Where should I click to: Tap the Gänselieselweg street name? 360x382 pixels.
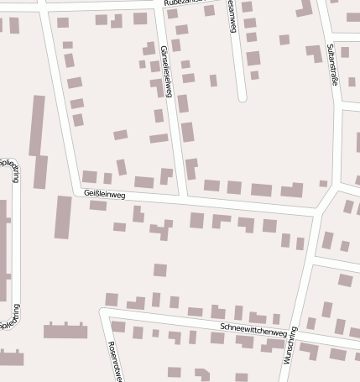pos(165,71)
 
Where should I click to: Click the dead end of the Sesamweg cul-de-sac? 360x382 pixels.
pos(242,98)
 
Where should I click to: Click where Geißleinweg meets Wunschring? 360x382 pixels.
pos(316,213)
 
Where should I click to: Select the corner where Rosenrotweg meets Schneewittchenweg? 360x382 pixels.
pos(103,311)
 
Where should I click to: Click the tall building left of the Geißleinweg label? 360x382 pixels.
pos(63,217)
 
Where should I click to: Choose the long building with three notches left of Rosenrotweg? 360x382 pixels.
pos(65,329)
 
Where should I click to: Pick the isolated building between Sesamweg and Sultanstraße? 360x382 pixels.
pos(284,39)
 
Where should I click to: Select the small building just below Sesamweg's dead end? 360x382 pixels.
pos(254,76)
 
